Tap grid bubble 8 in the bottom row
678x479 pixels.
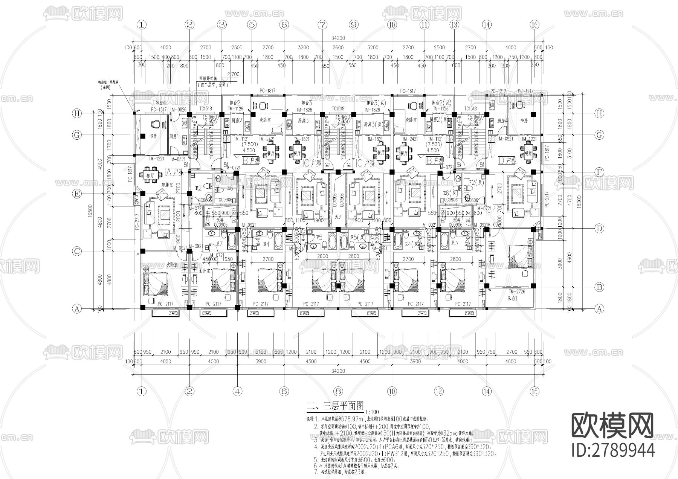coord(338,391)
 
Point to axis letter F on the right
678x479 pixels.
coord(599,172)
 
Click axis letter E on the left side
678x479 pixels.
coord(77,194)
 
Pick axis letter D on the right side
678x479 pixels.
coord(599,228)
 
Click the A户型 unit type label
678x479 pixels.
coord(174,172)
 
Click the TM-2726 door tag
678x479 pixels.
coord(517,292)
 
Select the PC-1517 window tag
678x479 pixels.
coord(159,110)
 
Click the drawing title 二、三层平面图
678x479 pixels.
coord(335,406)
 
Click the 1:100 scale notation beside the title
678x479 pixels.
coord(372,412)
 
